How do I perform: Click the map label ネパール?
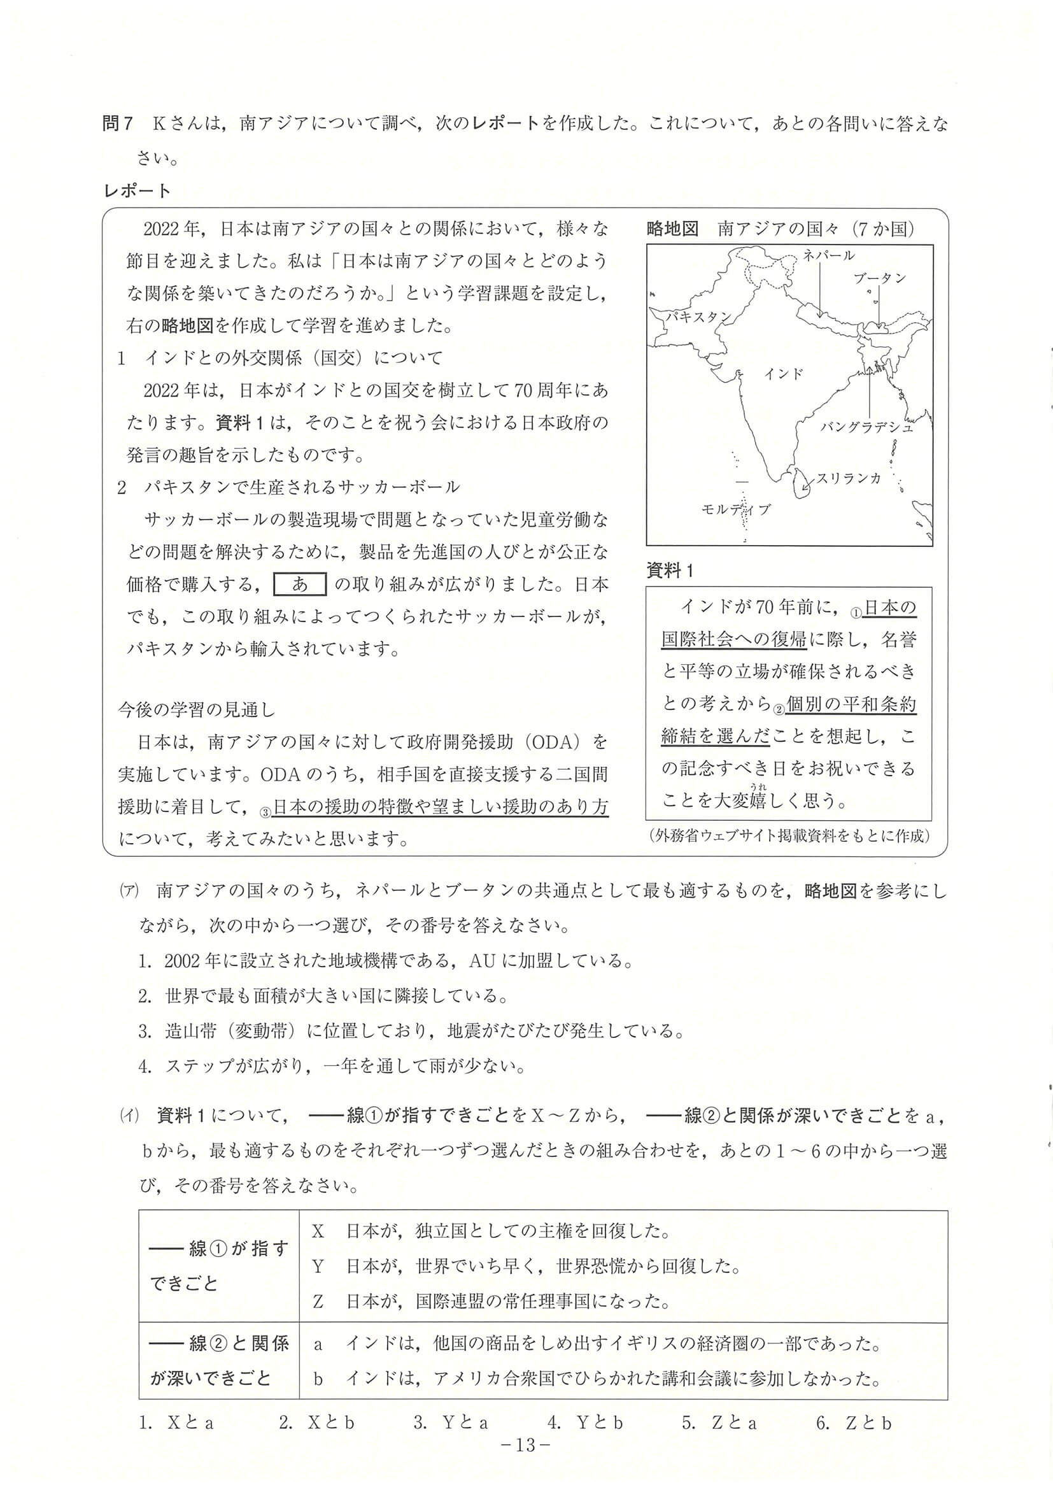(828, 255)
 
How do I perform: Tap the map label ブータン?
(879, 278)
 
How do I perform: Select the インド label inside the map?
(784, 374)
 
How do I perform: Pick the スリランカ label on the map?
(849, 478)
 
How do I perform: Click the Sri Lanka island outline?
(802, 481)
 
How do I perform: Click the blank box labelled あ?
(300, 585)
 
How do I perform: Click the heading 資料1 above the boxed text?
(670, 571)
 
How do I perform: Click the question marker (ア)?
(127, 891)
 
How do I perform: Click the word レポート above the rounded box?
(137, 191)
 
